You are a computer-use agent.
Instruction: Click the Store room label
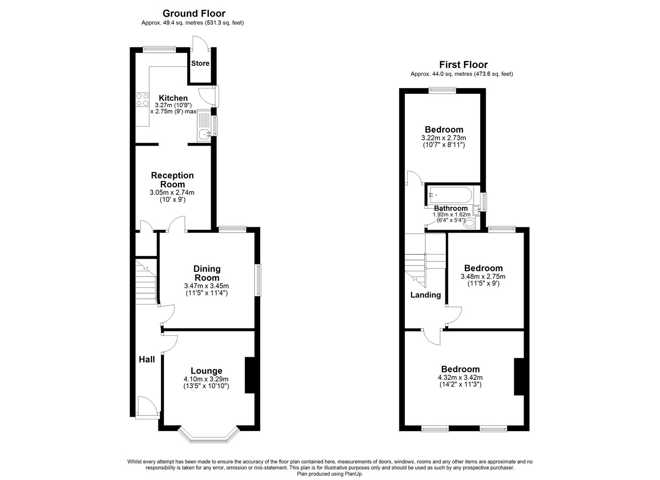[200, 63]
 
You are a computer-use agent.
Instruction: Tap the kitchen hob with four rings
[142, 99]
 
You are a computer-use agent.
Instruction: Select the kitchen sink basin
[204, 134]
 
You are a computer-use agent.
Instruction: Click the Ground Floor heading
[194, 13]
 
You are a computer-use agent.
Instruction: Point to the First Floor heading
[463, 65]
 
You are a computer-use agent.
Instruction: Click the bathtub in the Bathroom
[450, 195]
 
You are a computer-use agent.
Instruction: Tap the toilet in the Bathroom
[469, 223]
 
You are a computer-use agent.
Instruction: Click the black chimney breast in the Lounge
[249, 375]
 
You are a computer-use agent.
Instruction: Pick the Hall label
[147, 359]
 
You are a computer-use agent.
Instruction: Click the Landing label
[425, 295]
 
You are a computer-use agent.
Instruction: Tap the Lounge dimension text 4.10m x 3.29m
[206, 379]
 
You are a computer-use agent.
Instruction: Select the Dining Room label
[207, 273]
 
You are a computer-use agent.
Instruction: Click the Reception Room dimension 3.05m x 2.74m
[172, 193]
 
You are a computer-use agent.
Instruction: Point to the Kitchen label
[173, 98]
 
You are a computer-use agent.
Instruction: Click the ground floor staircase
[146, 282]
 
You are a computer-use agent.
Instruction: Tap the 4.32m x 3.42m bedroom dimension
[460, 377]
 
